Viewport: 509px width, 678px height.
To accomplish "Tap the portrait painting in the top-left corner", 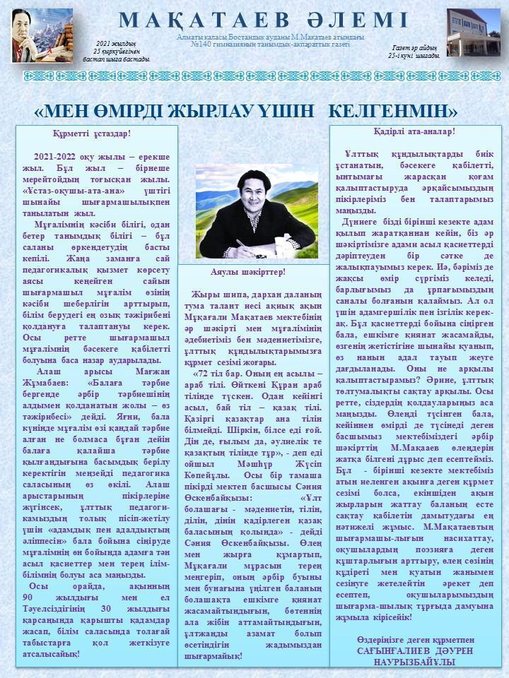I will [42, 35].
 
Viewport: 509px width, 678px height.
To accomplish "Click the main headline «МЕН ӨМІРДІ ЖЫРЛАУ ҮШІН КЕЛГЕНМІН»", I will [246, 111].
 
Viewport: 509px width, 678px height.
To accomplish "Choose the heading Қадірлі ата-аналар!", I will [414, 131].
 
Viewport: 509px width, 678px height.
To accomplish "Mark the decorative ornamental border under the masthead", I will [254, 76].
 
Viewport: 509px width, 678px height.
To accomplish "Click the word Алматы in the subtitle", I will [192, 37].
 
